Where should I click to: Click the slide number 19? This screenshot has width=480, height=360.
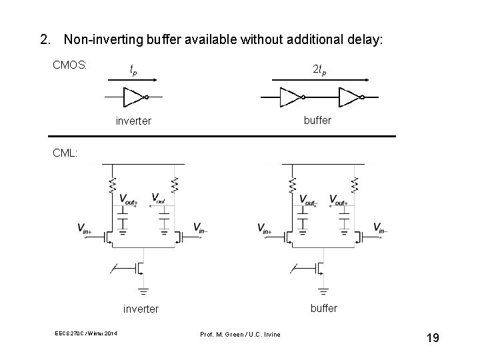click(x=432, y=339)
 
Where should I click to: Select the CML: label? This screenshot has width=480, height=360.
click(x=65, y=153)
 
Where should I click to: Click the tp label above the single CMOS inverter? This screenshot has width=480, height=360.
click(x=133, y=69)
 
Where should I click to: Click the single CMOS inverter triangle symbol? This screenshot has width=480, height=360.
click(x=135, y=97)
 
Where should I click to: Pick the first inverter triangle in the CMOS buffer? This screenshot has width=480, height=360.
click(x=291, y=97)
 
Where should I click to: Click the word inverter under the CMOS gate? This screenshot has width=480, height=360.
click(x=133, y=121)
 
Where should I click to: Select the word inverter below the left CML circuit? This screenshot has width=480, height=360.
click(x=141, y=309)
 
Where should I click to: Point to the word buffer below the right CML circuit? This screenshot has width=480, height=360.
click(x=323, y=308)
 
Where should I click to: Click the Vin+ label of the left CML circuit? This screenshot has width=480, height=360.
click(x=85, y=229)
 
